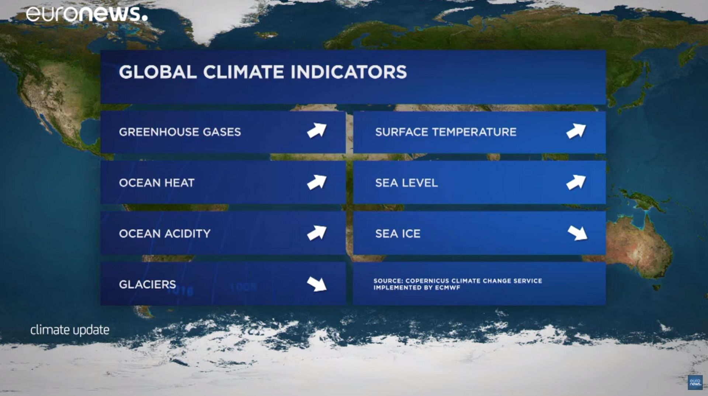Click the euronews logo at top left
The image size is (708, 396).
[87, 14]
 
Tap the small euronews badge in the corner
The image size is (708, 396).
[695, 382]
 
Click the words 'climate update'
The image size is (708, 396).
[70, 330]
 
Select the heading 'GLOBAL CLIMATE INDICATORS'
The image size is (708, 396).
[263, 72]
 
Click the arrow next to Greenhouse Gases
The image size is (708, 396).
[317, 131]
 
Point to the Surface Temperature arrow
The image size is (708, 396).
[576, 131]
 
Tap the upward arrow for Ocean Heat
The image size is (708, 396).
[317, 182]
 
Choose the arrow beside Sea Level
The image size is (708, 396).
[576, 182]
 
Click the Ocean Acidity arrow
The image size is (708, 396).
[317, 233]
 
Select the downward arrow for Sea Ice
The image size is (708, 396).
[577, 233]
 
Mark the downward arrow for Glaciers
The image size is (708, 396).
[317, 284]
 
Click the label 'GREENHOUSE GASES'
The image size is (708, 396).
[180, 132]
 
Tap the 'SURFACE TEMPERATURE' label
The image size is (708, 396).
[445, 132]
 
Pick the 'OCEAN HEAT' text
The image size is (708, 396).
[156, 183]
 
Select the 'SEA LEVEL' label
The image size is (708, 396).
[406, 183]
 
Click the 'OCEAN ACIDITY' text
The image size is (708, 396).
[164, 234]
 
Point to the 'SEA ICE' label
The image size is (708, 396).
[398, 234]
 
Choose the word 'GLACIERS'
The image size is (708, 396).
[147, 284]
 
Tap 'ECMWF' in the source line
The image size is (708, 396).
[447, 288]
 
